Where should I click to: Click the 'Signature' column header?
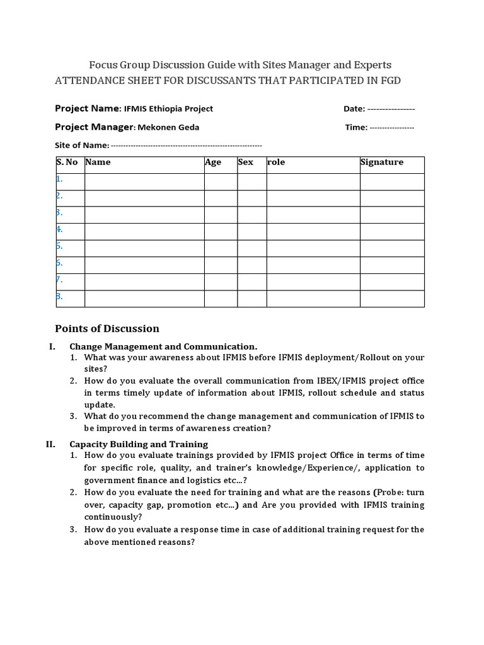[x=382, y=163]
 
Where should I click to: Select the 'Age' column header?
[x=213, y=163]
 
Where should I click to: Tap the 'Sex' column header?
[x=246, y=163]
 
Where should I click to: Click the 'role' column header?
[x=276, y=163]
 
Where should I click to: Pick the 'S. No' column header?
[x=67, y=163]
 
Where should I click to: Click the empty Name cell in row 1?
[x=144, y=181]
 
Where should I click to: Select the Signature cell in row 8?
[x=392, y=297]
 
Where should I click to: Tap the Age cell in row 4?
[x=220, y=231]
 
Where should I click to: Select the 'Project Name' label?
[x=87, y=108]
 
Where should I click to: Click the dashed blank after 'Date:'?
[x=391, y=109]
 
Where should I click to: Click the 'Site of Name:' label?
[x=82, y=145]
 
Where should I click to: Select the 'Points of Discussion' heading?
[x=107, y=328]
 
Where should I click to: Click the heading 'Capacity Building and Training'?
[x=139, y=443]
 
